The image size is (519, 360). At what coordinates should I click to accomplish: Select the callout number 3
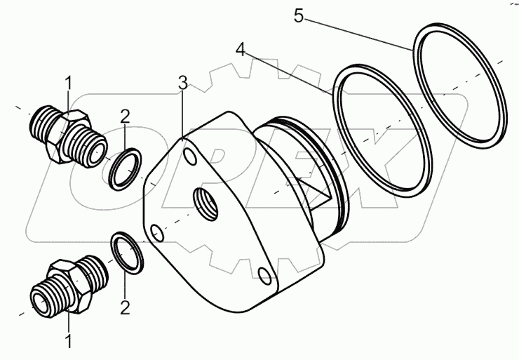click(x=182, y=82)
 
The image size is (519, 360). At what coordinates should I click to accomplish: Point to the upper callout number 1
click(x=68, y=84)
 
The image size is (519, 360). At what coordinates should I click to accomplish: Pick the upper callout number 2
click(x=123, y=116)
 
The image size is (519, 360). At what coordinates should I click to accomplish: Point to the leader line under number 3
click(x=182, y=112)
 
